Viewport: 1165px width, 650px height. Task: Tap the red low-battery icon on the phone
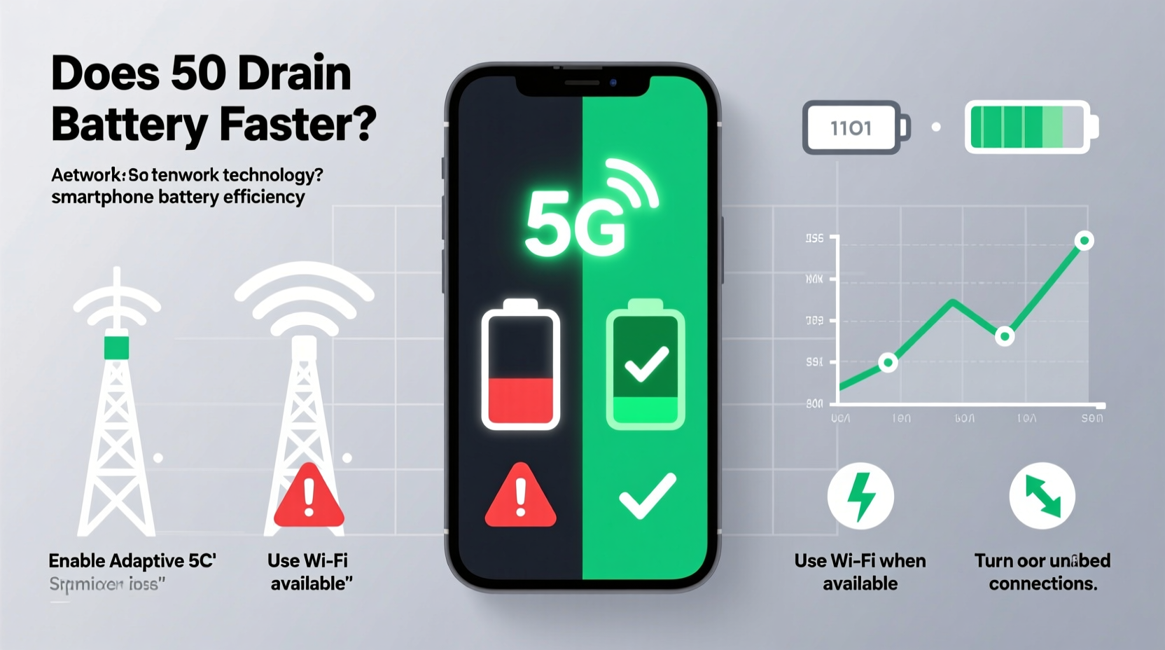(x=520, y=366)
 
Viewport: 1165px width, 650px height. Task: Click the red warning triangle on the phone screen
(x=520, y=496)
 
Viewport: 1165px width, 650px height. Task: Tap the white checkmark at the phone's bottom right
(x=648, y=495)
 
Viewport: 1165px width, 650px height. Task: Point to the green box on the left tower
(x=117, y=347)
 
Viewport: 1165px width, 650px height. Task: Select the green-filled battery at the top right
(x=1031, y=127)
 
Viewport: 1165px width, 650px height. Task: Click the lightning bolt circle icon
(x=860, y=496)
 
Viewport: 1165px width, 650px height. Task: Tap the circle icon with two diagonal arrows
(x=1042, y=496)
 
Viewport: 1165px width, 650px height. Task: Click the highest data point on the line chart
(x=1084, y=241)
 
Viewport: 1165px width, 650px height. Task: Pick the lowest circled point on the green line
(x=888, y=362)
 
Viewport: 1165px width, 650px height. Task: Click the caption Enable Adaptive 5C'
(x=132, y=561)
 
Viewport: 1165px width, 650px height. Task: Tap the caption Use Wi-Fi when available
(x=860, y=572)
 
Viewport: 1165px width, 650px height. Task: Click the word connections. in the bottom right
(x=1042, y=583)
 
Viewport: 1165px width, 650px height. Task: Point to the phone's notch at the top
(x=582, y=83)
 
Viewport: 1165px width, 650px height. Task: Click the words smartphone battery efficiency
(x=178, y=197)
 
